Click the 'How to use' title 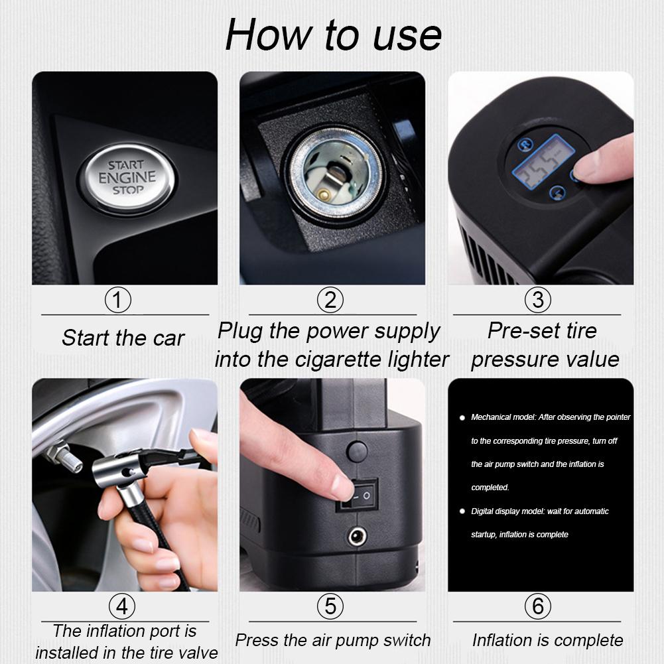[x=333, y=34]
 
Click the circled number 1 [x=118, y=300]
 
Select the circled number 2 [x=330, y=300]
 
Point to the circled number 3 [x=537, y=300]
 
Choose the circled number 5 [x=330, y=606]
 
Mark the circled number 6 [x=537, y=606]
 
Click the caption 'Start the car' [x=123, y=338]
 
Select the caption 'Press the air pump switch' [x=333, y=640]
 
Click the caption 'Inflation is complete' [x=547, y=640]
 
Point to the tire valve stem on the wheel [x=64, y=457]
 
